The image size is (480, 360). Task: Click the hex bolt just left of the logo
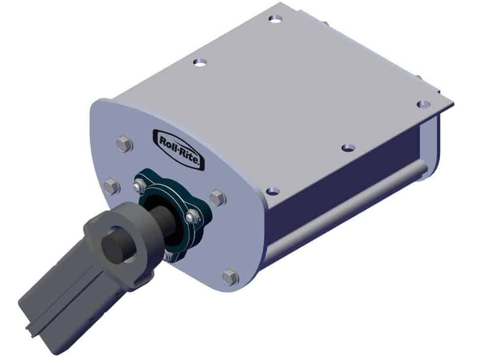124,143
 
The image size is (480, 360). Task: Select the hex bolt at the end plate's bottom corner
230,277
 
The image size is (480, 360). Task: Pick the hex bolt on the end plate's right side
218,197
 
